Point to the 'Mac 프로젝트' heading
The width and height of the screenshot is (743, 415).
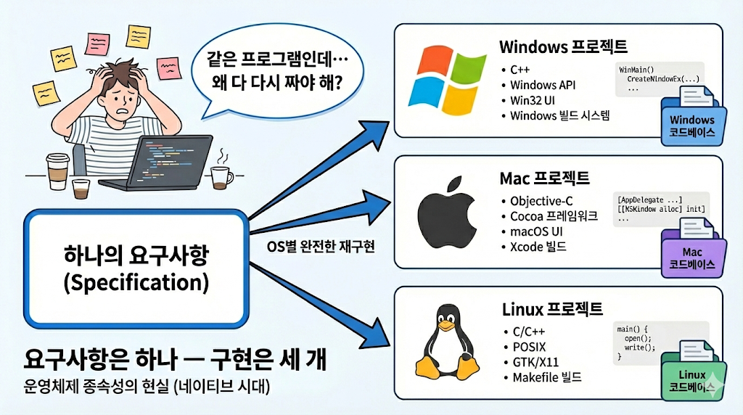pos(544,178)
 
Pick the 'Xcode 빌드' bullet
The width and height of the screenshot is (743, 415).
pos(538,247)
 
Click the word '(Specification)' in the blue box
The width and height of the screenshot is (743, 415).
pos(136,283)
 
